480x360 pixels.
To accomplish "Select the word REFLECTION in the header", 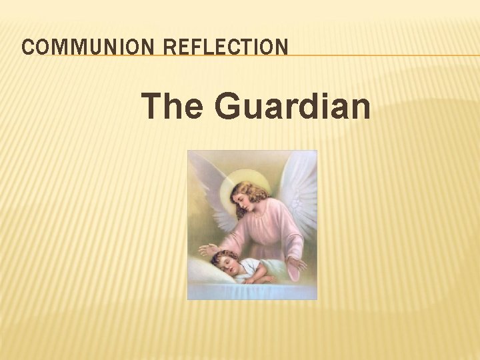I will (x=226, y=47).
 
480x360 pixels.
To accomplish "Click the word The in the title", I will (x=172, y=107).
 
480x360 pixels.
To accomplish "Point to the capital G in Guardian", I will (x=227, y=107).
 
